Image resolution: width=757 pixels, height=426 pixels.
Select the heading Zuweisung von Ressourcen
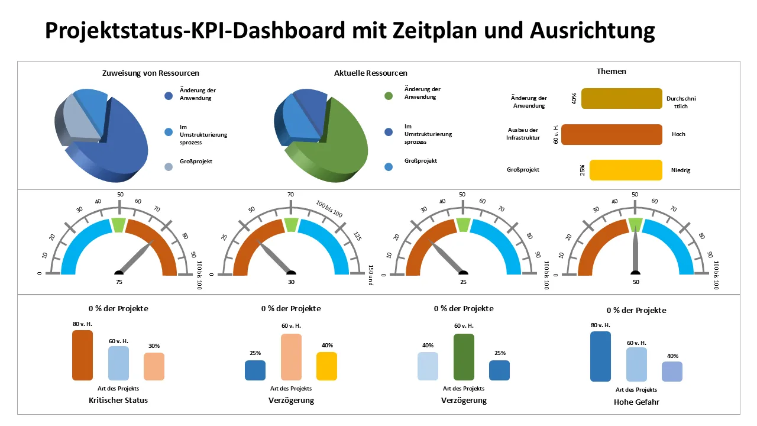[151, 73]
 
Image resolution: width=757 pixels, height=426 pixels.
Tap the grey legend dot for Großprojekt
[169, 167]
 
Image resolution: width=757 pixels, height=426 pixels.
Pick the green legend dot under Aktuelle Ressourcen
[389, 96]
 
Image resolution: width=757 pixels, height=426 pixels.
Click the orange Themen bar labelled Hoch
[612, 135]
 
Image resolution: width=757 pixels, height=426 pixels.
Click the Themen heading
[612, 71]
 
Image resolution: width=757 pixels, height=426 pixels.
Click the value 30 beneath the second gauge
[291, 283]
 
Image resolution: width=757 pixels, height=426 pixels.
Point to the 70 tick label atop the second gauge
[291, 194]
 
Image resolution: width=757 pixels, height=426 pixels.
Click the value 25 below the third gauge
[463, 283]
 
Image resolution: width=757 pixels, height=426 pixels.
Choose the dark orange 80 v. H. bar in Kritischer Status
[82, 355]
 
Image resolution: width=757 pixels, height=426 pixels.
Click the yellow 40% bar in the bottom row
[326, 366]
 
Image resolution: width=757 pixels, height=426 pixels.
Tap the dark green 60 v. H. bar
[464, 357]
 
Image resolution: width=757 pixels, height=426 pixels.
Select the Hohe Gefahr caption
[636, 402]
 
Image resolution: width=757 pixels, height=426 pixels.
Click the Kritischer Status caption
[118, 400]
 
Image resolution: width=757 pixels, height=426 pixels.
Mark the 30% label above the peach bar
[154, 346]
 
